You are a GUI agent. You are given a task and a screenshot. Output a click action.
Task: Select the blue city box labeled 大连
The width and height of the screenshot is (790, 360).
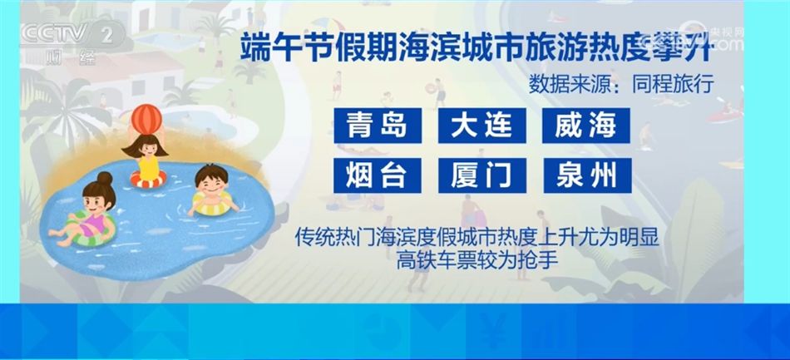tap(483, 126)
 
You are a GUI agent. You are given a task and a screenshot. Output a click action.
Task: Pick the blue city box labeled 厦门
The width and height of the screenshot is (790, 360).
tap(483, 175)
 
